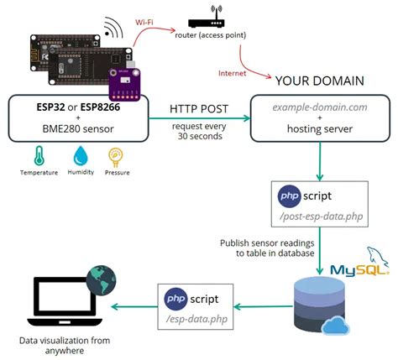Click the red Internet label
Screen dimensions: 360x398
coord(232,73)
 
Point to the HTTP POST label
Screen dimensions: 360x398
coord(200,108)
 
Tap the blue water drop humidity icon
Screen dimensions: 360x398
coord(81,155)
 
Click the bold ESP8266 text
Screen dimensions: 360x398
coord(104,107)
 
